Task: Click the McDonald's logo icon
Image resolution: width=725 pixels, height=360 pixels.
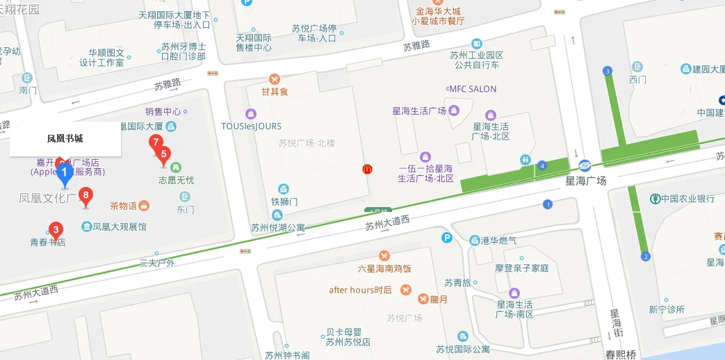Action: tap(366, 169)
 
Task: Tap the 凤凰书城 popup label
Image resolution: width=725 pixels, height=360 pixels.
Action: tap(65, 139)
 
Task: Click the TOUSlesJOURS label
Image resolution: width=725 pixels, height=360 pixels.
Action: tap(251, 126)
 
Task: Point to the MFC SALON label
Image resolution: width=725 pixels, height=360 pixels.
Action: tap(473, 89)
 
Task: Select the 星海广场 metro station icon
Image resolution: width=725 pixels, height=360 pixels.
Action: tap(584, 165)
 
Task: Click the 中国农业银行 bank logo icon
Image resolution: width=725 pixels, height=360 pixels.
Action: tap(655, 199)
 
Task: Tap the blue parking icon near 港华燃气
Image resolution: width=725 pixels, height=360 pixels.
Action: tap(448, 238)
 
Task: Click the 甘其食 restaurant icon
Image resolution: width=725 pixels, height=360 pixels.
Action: tap(275, 79)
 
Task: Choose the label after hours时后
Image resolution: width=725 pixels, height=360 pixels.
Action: tap(360, 290)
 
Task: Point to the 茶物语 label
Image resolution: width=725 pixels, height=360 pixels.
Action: tap(124, 206)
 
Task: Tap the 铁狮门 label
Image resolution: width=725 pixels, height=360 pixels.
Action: tap(284, 202)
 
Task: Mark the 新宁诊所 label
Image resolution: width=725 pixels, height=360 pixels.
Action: tap(666, 310)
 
